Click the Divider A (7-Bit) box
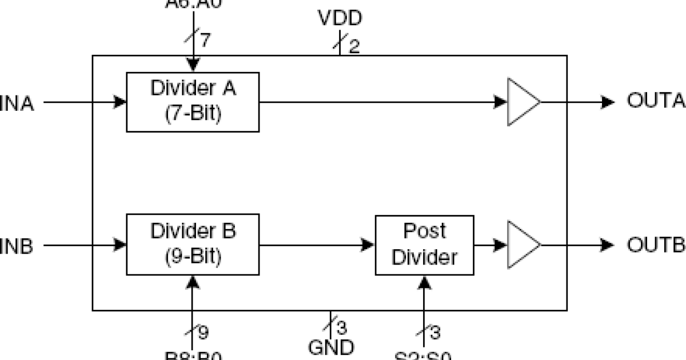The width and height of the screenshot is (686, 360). tap(193, 102)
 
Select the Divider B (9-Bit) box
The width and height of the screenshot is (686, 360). tap(193, 245)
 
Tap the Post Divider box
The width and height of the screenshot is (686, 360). tap(424, 245)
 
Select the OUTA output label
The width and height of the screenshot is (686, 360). tap(656, 102)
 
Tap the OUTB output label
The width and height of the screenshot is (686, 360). tap(656, 245)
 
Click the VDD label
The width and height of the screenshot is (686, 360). tap(340, 19)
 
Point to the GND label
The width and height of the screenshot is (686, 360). tap(331, 347)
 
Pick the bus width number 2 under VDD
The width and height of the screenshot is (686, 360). tap(354, 46)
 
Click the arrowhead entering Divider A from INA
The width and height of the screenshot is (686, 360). tap(120, 102)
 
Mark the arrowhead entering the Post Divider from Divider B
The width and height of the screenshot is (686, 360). tap(369, 245)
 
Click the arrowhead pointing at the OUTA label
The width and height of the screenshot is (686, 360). tap(608, 102)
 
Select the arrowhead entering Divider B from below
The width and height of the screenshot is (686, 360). tap(193, 281)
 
